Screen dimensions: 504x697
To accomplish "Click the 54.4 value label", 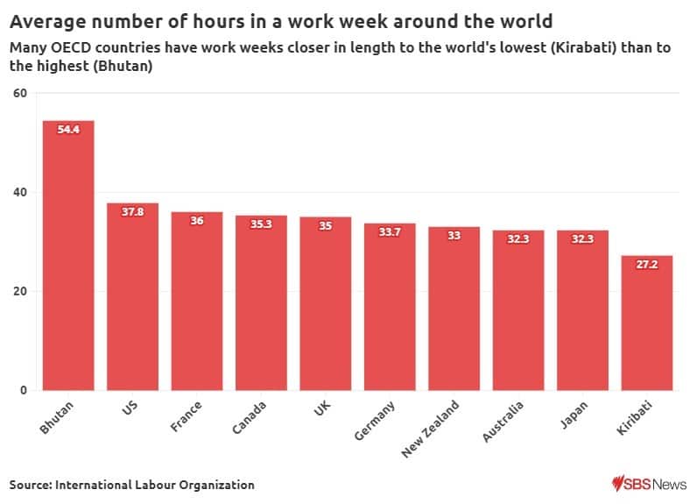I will tap(68, 130).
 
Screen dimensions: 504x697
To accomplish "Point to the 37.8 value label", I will tap(132, 212).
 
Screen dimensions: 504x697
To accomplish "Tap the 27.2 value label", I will tap(647, 265).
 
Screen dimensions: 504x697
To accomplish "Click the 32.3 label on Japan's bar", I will tap(582, 239).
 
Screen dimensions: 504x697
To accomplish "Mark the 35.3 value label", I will tap(261, 224).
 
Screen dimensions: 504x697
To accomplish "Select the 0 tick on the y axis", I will tap(25, 390).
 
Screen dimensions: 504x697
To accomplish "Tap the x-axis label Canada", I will tap(249, 418).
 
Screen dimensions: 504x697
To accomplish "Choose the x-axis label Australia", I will tap(503, 422).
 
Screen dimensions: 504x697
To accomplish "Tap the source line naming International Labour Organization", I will tap(132, 485).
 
